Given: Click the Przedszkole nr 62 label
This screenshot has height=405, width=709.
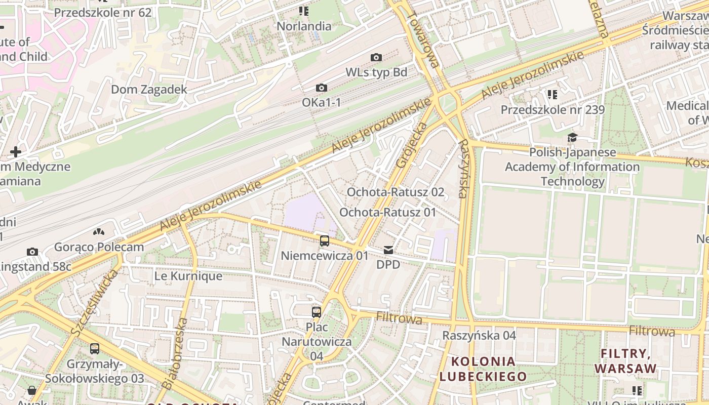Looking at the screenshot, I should tap(103, 13).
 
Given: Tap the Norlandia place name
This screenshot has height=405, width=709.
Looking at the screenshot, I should tap(304, 26).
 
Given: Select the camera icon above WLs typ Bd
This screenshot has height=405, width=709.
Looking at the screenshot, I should tap(376, 57).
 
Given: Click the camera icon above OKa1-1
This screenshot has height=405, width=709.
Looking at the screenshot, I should tap(321, 88).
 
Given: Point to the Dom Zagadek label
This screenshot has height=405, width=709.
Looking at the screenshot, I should tap(149, 90).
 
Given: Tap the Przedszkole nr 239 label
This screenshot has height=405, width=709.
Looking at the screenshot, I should tap(553, 110).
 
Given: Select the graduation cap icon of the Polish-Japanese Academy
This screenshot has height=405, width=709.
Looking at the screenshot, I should tap(572, 137).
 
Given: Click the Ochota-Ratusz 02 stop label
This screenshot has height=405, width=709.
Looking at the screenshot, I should tap(395, 192).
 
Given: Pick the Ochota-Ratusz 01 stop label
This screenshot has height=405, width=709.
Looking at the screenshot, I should tap(387, 212).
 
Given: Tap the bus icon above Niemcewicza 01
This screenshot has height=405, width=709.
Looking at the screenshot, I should tap(325, 241).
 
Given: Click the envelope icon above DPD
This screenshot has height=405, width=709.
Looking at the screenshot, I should tap(388, 250).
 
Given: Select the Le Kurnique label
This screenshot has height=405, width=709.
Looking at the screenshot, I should tap(188, 276).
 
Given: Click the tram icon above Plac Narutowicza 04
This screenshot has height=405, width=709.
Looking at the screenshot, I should tap(317, 312).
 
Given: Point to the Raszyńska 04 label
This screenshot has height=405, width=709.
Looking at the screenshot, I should tap(479, 336).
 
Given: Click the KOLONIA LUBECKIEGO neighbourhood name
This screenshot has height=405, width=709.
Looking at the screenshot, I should tap(483, 369).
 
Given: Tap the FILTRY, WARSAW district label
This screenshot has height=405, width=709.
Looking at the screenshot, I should tap(625, 360).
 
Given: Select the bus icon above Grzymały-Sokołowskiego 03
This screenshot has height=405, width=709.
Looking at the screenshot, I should tap(95, 348).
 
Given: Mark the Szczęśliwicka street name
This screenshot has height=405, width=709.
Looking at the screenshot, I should tap(94, 303).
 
